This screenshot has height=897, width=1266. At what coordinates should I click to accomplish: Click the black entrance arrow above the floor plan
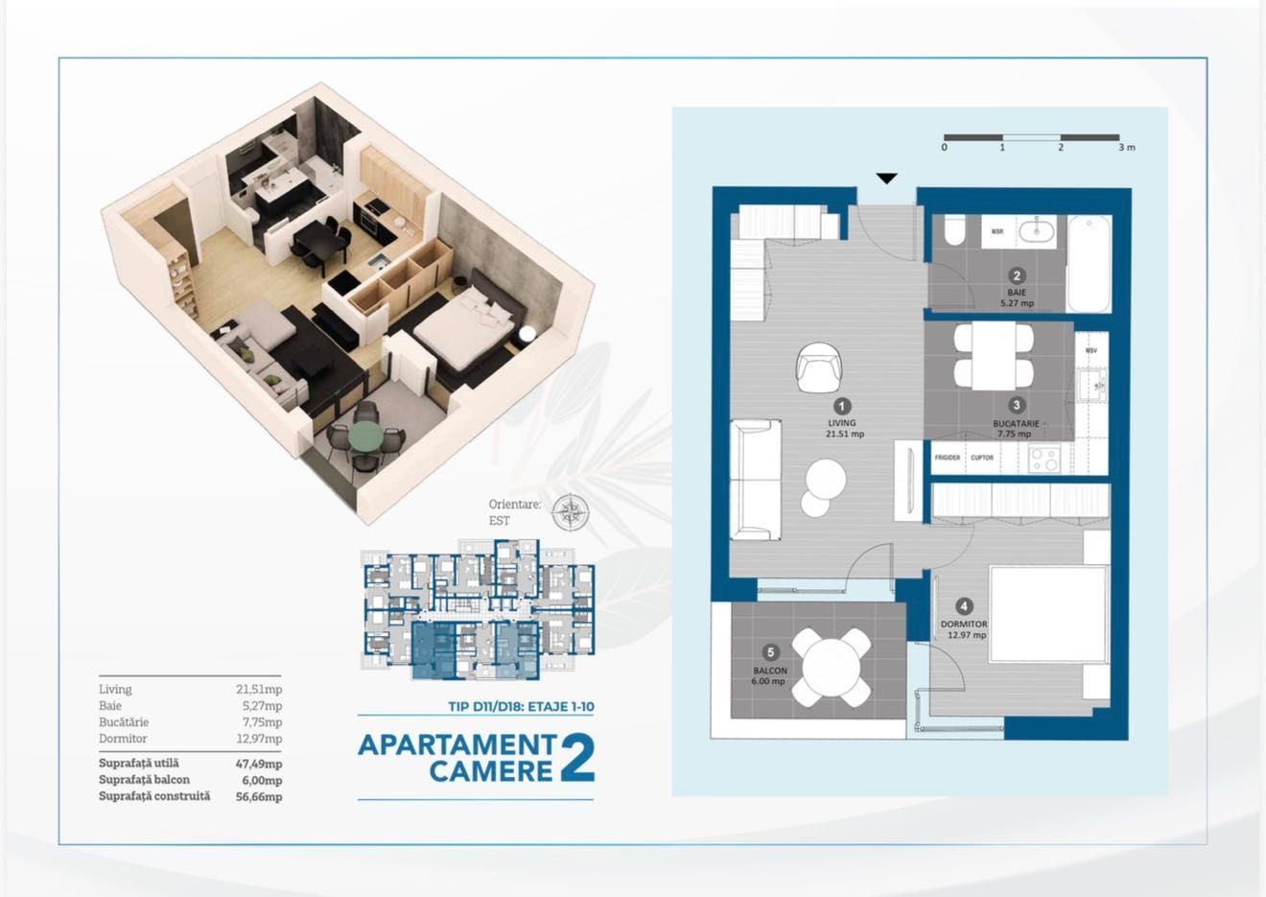tap(887, 178)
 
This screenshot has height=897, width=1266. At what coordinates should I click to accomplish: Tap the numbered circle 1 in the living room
tap(842, 406)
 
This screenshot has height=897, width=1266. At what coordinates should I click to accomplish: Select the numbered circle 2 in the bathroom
tap(1018, 276)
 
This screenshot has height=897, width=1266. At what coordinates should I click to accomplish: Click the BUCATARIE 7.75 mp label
tap(1017, 428)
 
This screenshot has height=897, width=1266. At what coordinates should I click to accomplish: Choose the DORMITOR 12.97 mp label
tap(964, 629)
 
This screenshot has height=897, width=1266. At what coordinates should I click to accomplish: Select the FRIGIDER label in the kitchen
tap(948, 458)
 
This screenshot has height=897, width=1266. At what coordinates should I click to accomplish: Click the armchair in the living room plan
tap(819, 368)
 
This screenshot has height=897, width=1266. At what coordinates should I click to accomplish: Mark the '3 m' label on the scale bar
tap(1126, 148)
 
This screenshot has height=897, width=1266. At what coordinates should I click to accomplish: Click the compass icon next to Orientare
tap(570, 512)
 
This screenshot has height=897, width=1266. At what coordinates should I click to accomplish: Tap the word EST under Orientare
tap(499, 521)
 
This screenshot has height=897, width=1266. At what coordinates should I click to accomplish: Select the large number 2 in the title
tap(575, 759)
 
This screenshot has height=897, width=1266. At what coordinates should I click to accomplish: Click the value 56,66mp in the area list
tap(259, 796)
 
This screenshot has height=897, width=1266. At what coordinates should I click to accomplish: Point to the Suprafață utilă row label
tap(138, 764)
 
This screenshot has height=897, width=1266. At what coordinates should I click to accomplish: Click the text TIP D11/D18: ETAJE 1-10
tap(521, 707)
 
